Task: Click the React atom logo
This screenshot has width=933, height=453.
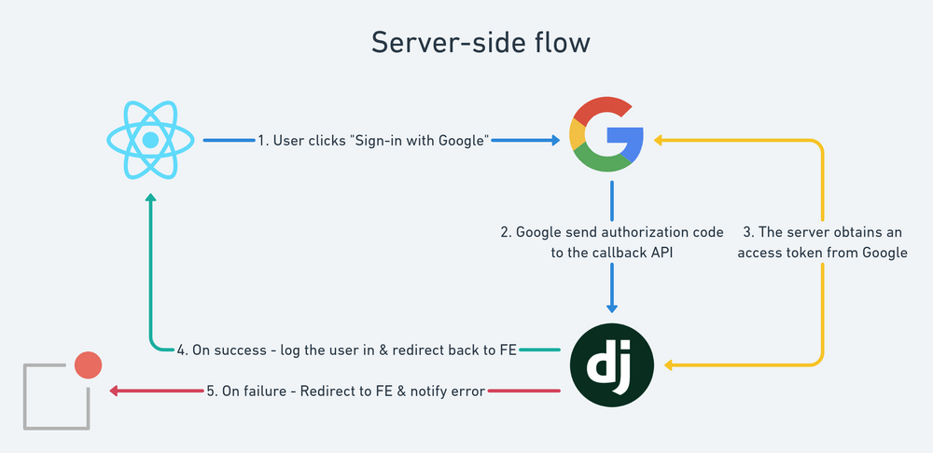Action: [x=149, y=141]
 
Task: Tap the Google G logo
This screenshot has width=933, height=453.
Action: [x=607, y=139]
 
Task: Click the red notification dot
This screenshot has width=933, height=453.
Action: [x=88, y=364]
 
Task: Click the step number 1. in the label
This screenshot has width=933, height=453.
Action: [x=265, y=141]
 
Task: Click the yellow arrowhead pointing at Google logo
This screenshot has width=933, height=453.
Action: [x=658, y=141]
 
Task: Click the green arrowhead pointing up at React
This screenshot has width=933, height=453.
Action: [x=149, y=200]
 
